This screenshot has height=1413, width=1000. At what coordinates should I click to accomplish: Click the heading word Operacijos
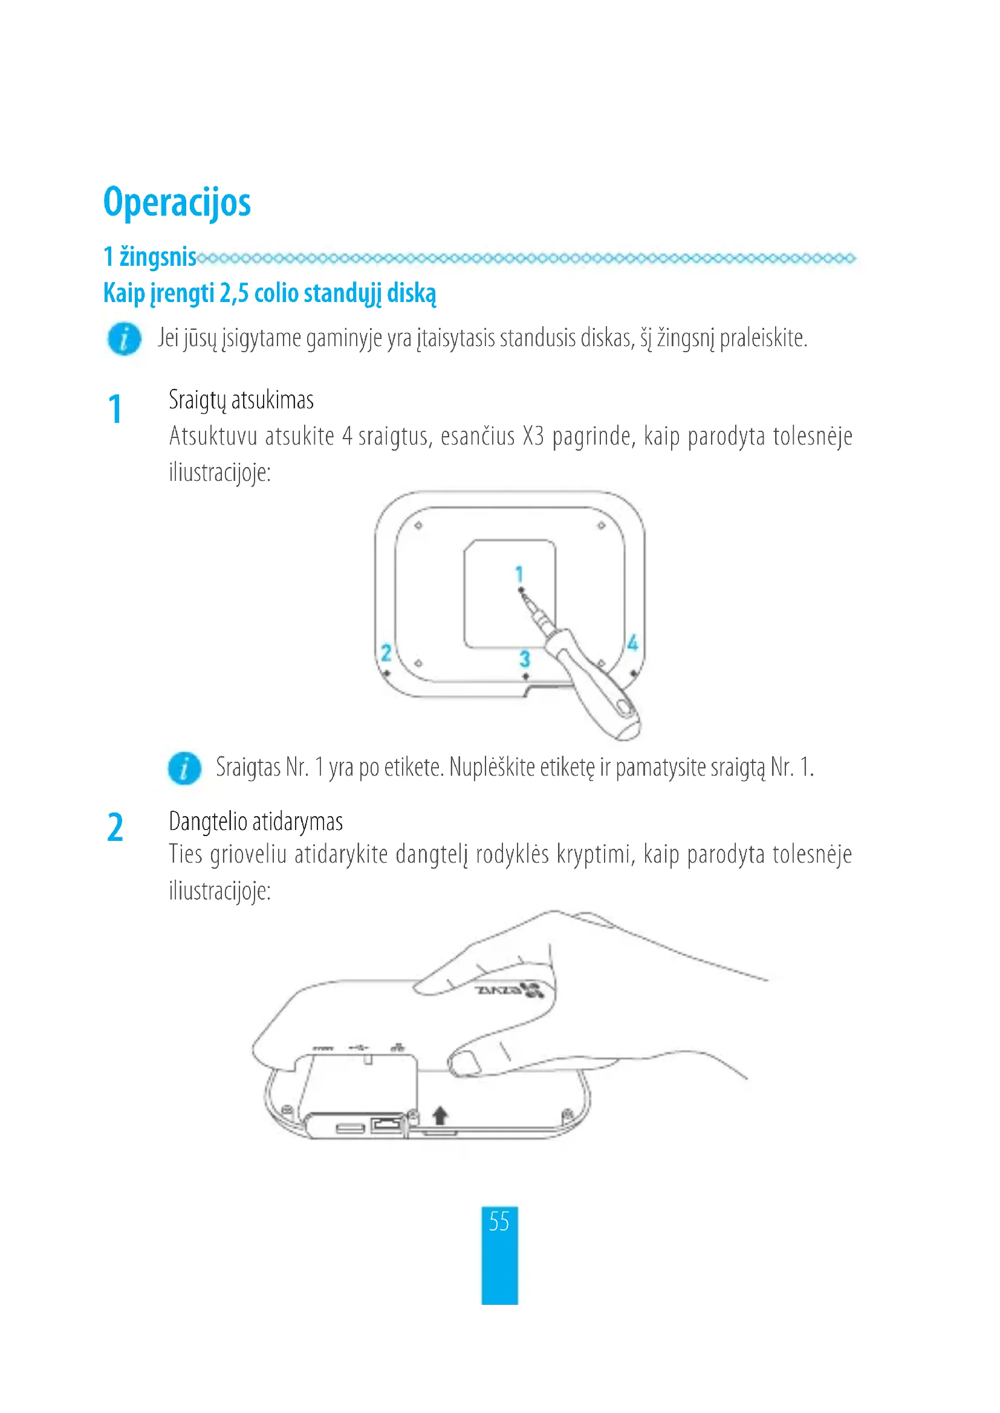[177, 202]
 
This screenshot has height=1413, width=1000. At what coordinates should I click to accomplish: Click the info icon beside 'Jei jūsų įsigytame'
[125, 339]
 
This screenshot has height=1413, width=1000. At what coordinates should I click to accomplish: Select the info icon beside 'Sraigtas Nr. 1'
[184, 768]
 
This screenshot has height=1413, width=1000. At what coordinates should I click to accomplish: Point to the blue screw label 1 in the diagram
[519, 574]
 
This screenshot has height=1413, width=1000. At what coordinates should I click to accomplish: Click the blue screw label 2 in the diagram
[386, 652]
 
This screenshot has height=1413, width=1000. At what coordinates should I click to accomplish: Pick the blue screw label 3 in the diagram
[524, 658]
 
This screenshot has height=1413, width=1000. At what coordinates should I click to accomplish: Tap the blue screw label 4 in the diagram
[632, 643]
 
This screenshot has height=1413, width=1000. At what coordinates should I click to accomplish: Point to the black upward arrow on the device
[440, 1115]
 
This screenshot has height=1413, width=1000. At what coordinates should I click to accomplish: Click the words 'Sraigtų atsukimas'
[241, 400]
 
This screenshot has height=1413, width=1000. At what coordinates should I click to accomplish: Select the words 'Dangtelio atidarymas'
[256, 822]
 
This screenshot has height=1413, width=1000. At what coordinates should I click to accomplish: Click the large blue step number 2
[115, 828]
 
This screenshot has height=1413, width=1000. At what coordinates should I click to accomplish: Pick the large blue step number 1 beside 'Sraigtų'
[115, 409]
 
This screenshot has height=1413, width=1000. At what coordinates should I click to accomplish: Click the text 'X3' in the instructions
[533, 436]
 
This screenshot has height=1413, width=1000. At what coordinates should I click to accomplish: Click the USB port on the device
[349, 1128]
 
